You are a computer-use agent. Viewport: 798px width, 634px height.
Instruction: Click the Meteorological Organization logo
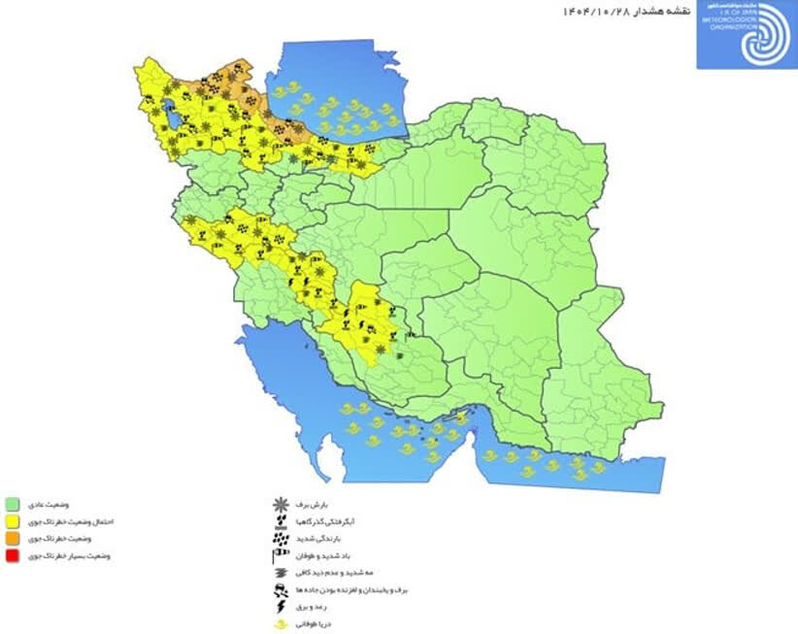746,35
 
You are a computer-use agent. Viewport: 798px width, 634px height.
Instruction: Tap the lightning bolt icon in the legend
280,605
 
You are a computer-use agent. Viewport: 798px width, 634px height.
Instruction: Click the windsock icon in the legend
280,554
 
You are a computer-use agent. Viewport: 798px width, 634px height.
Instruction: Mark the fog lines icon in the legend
280,572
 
